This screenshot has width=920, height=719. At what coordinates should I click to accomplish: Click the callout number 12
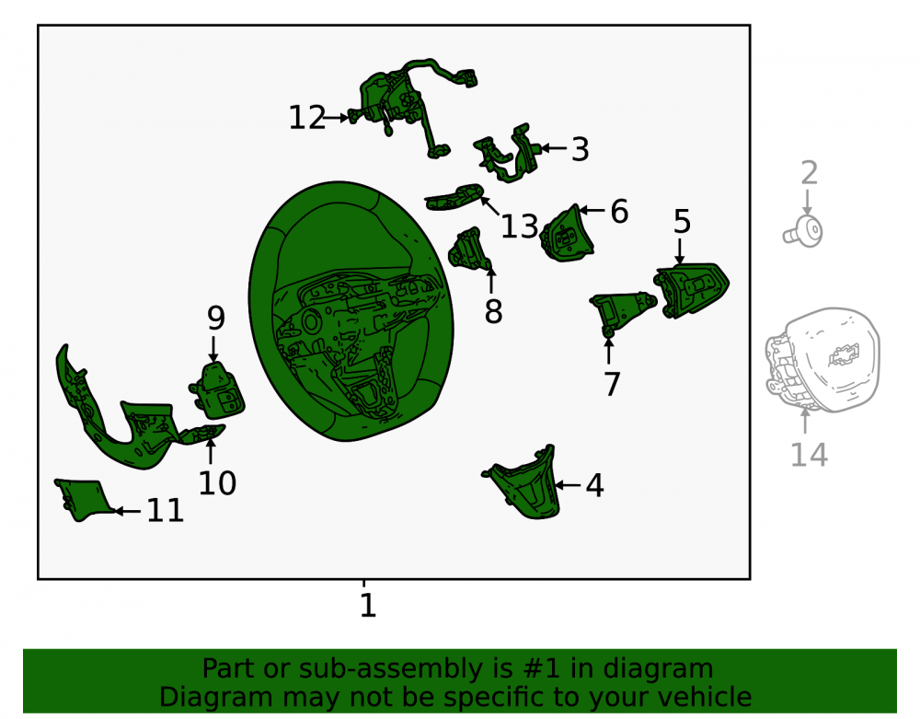(x=307, y=118)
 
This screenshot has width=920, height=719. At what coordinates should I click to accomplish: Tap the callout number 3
(x=581, y=149)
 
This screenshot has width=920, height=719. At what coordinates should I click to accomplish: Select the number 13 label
(x=519, y=226)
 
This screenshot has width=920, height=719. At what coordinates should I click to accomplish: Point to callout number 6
(x=619, y=212)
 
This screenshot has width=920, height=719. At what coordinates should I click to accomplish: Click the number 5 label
(x=682, y=222)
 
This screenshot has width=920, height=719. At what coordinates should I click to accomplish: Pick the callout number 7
(x=612, y=385)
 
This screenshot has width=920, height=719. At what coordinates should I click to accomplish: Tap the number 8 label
(x=493, y=312)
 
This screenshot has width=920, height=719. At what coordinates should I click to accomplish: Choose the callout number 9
(x=216, y=318)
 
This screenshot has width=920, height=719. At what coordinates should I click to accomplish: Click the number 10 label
(x=217, y=483)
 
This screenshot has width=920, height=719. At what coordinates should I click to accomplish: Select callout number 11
(x=165, y=511)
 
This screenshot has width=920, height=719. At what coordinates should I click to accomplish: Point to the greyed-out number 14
(x=809, y=455)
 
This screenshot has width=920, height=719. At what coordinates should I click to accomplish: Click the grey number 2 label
(x=809, y=173)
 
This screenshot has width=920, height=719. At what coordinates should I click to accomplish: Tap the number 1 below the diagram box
(x=368, y=605)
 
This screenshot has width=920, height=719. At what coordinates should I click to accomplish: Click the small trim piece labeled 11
(x=82, y=499)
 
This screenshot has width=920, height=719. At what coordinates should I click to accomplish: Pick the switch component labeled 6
(x=566, y=236)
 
